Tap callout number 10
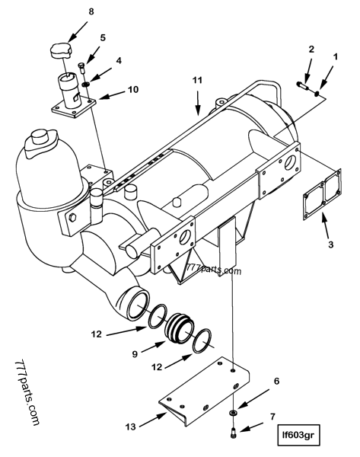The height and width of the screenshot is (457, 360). tap(132, 90)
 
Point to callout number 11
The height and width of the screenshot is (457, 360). tap(198, 79)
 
